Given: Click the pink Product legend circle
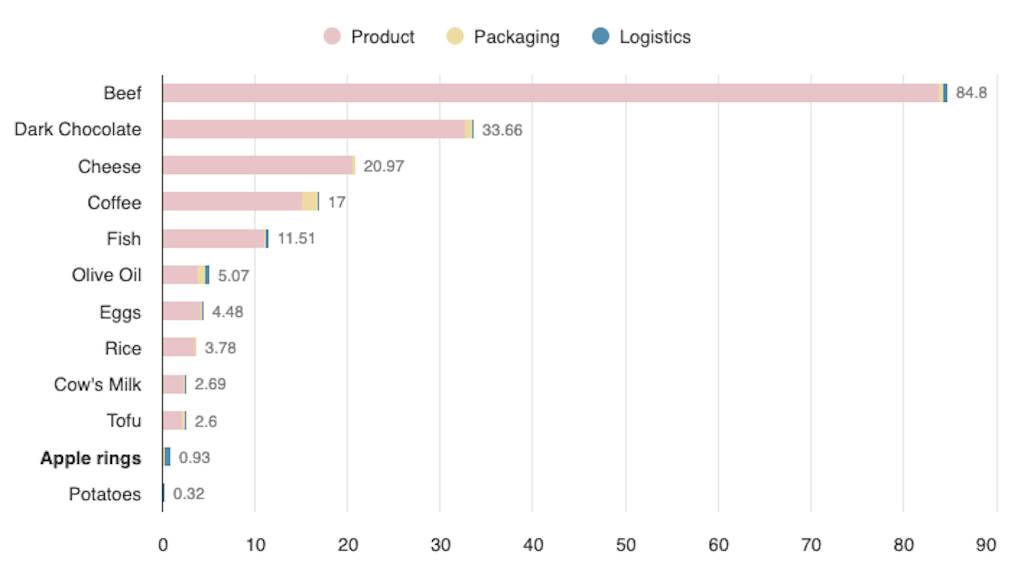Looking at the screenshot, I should coord(332,36).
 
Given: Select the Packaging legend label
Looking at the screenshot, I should coord(516,37).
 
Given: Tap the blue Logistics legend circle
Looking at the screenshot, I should coord(600,36).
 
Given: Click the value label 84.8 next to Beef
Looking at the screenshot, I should coord(971,93).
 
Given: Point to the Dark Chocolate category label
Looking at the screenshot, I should coord(78,129).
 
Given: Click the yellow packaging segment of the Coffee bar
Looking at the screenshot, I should coord(309,201).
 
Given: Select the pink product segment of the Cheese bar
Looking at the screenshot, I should coord(258,165).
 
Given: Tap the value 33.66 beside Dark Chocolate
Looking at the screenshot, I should coord(502,130).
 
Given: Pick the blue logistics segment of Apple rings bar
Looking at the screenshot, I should coord(168,456).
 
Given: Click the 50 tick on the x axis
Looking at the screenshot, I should coord(625,545).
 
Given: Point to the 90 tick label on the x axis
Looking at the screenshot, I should coord(986,545).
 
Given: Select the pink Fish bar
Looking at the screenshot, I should coord(214,239).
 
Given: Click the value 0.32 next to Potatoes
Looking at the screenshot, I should coord(189,494).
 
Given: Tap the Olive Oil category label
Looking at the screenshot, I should coord(106,275).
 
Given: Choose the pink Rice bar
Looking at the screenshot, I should coord(179,347).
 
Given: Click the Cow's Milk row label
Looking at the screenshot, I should coord(98,384).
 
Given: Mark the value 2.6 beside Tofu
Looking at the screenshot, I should coord(206,421).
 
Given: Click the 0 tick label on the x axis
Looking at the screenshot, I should coord(163,545).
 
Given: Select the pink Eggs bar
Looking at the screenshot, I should coord(182,311).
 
